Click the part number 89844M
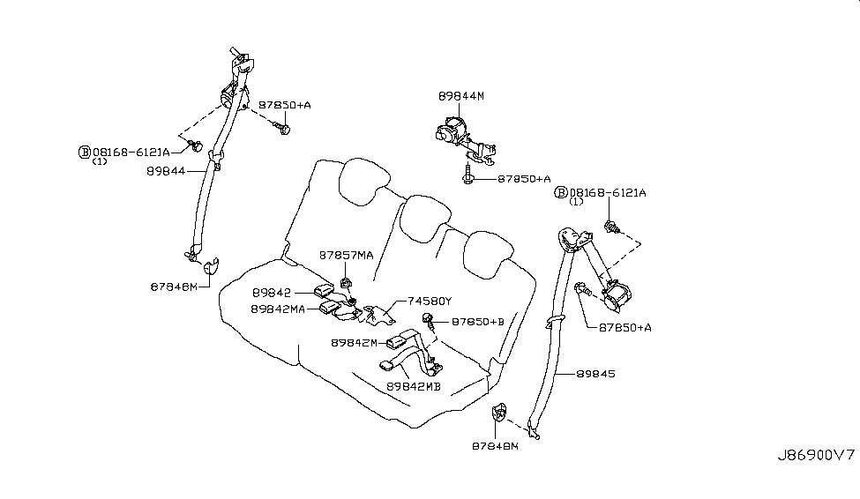pos(461,94)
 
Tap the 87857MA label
pos(346,256)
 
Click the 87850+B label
pos(477,323)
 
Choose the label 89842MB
pos(414,386)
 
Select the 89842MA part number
pos(278,309)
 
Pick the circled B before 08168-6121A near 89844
pos(85,152)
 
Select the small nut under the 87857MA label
pos(346,283)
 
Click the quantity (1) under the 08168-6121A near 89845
pos(577,202)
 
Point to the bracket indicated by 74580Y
pos(379,312)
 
